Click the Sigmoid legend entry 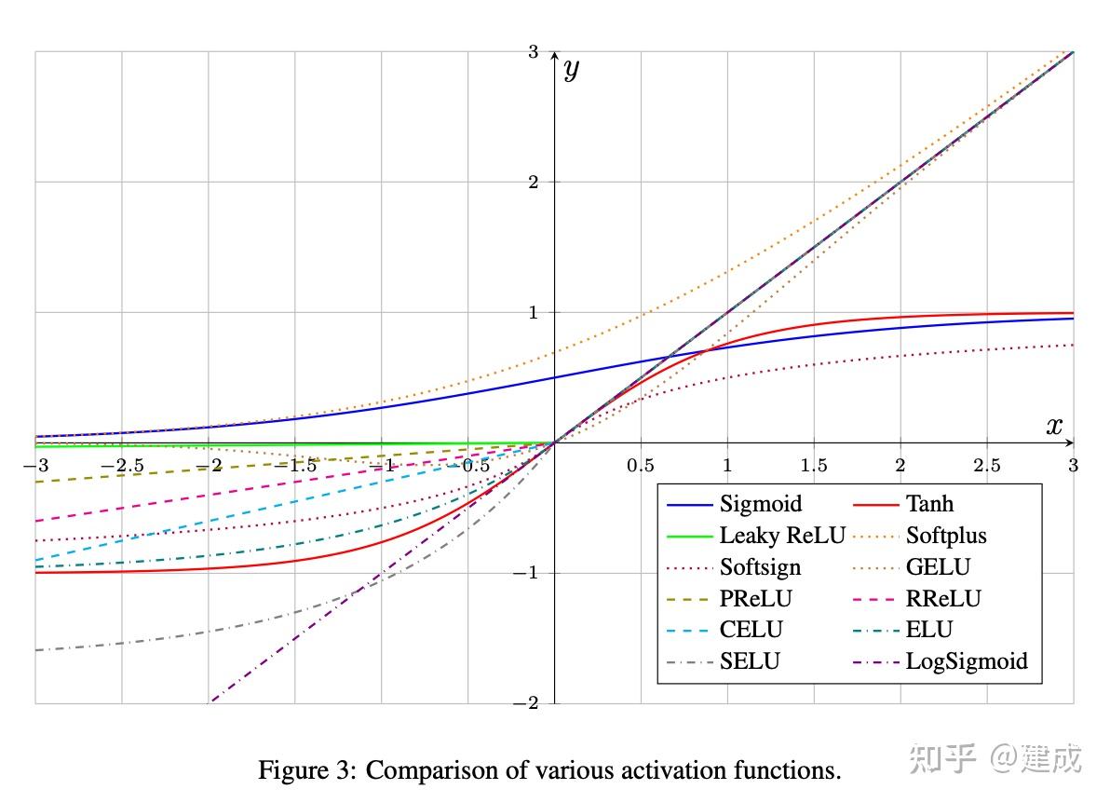761,504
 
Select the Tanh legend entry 929,504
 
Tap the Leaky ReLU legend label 782,536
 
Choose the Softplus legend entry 945,536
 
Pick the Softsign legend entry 760,567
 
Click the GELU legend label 938,567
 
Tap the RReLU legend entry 943,599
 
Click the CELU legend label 751,630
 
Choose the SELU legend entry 750,661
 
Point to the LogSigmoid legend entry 967,661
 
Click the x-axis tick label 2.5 987,464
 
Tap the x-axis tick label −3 37,464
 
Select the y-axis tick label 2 534,182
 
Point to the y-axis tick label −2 528,703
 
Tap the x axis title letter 1053,427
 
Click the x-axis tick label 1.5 814,464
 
